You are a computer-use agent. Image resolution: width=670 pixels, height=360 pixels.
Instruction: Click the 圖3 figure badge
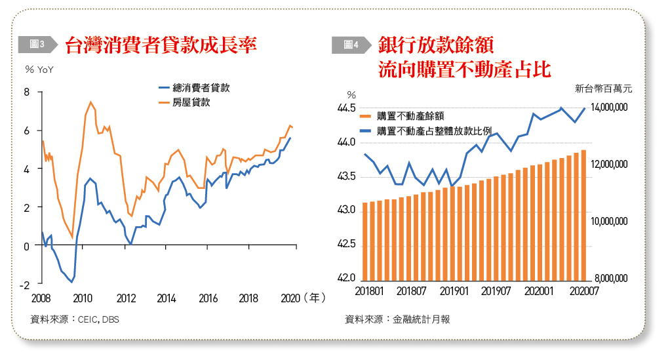pos(37,44)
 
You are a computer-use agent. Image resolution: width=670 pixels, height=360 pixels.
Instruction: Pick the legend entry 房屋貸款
pos(190,102)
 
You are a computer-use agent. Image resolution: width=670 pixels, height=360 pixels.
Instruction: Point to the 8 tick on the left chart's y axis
pos(27,92)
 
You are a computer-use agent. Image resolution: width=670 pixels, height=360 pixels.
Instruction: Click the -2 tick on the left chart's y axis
pos(25,285)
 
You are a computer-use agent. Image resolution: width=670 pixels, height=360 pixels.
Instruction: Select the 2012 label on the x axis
pos(125,298)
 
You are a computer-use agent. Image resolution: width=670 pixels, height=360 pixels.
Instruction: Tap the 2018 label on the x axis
pos(248,298)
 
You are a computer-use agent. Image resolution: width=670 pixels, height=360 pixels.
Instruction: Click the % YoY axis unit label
pos(39,70)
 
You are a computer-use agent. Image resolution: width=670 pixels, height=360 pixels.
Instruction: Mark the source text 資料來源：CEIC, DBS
pos(75,320)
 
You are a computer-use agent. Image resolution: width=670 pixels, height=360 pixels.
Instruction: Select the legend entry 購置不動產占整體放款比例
pos(438,130)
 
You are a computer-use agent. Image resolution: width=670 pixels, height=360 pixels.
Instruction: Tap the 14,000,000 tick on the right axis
pos(610,108)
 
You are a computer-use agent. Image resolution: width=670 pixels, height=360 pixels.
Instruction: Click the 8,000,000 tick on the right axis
pos(610,279)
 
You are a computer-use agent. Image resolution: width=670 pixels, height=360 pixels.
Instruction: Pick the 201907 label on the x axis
pos(496,290)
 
